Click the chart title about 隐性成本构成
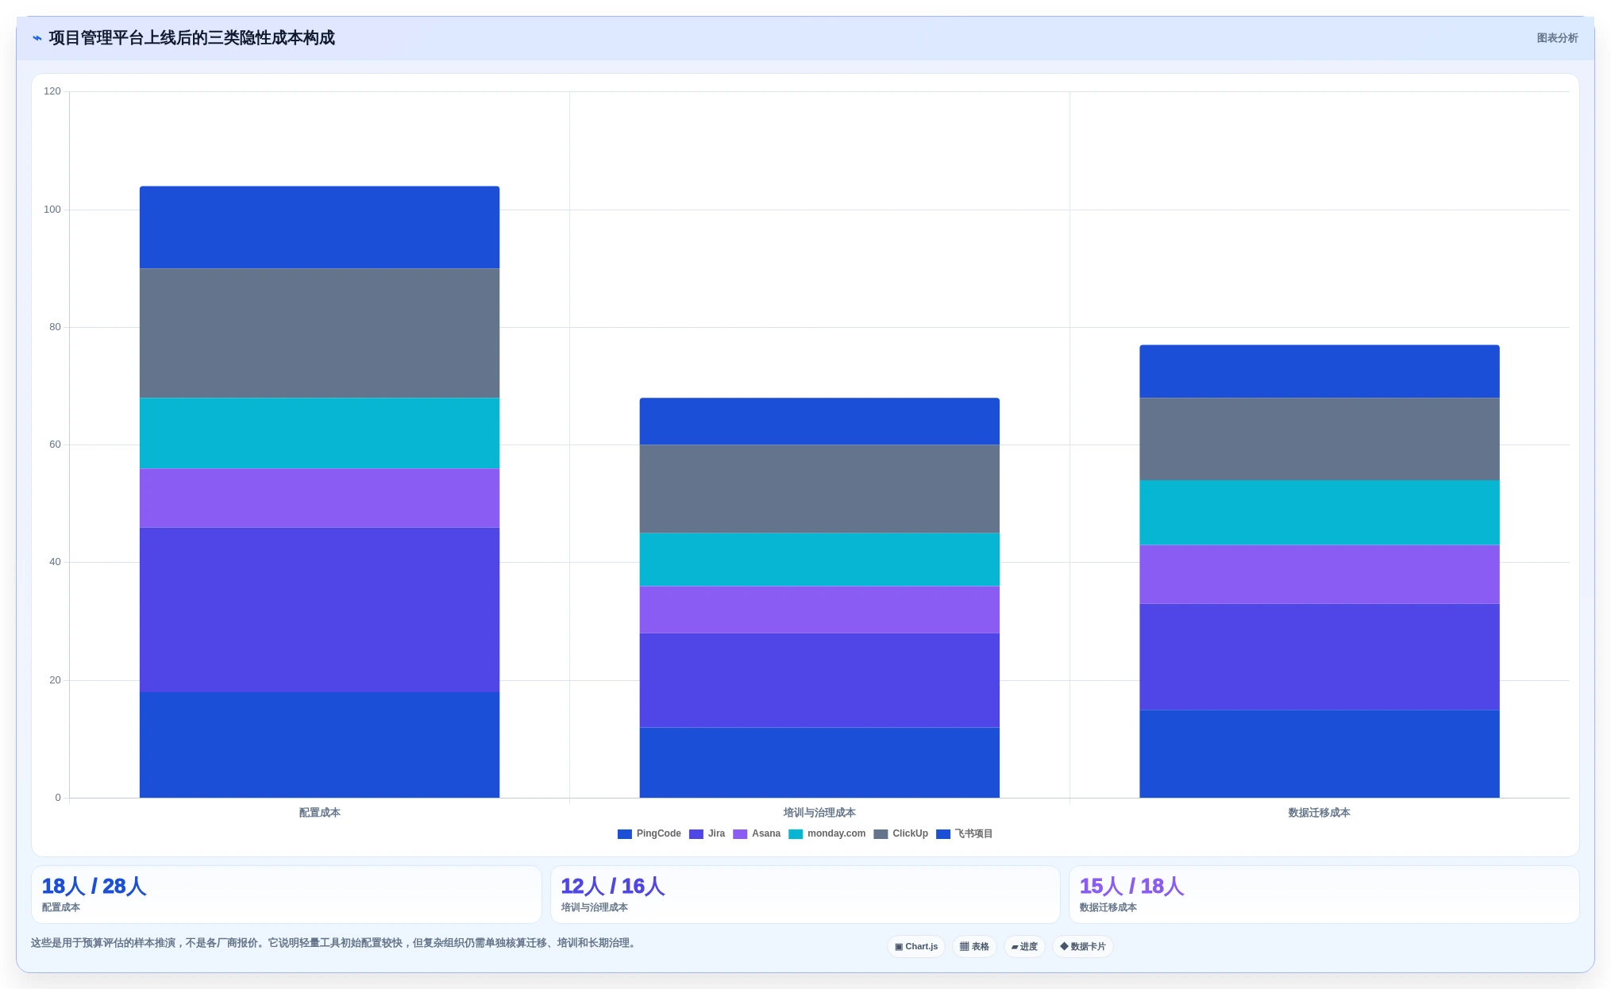pyautogui.click(x=191, y=38)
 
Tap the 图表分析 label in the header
pyautogui.click(x=1557, y=38)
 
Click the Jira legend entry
pyautogui.click(x=707, y=833)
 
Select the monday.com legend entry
pyautogui.click(x=827, y=833)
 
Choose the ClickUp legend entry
pyautogui.click(x=900, y=833)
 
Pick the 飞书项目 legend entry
pyautogui.click(x=964, y=833)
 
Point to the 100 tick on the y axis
pyautogui.click(x=52, y=210)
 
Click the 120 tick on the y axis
pyautogui.click(x=52, y=91)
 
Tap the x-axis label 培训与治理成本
pyautogui.click(x=819, y=813)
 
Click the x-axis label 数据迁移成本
pyautogui.click(x=1319, y=813)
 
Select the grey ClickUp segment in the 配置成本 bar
pyautogui.click(x=319, y=333)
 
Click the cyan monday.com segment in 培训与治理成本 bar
pyautogui.click(x=819, y=560)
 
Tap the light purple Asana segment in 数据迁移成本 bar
pyautogui.click(x=1319, y=575)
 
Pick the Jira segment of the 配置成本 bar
pyautogui.click(x=319, y=610)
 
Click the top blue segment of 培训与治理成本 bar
pyautogui.click(x=819, y=421)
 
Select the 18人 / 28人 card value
pyautogui.click(x=94, y=887)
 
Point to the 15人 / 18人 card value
pyautogui.click(x=1131, y=887)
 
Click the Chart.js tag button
pyautogui.click(x=916, y=946)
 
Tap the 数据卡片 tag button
pyautogui.click(x=1082, y=946)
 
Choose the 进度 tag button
pyautogui.click(x=1024, y=946)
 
